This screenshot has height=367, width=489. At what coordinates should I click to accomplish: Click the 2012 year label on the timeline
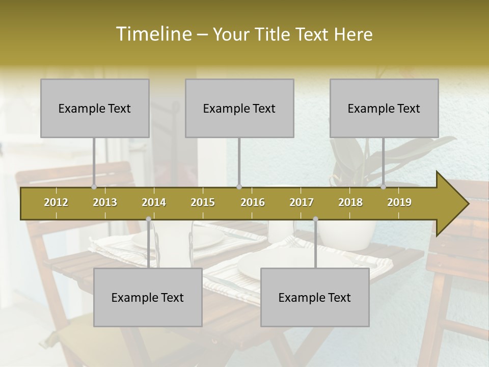pos(56,202)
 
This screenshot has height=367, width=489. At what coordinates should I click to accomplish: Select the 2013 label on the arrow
pos(105,202)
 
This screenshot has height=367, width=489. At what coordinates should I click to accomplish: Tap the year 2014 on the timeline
pos(154,202)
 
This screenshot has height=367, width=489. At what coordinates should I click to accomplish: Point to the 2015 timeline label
pos(203,202)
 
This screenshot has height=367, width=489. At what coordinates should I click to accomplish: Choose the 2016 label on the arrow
pos(253,202)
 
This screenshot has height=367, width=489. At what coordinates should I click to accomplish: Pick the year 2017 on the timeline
pos(302,202)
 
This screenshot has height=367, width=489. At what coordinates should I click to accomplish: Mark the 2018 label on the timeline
pos(350,202)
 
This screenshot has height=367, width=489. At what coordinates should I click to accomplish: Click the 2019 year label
pos(399,202)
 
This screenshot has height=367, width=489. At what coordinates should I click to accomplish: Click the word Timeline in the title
pos(152,34)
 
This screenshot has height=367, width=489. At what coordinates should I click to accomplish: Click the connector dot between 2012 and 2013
pos(94,187)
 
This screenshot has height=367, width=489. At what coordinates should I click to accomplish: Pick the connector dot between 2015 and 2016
pos(239,187)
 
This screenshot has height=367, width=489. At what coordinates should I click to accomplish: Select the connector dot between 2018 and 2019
pos(384,187)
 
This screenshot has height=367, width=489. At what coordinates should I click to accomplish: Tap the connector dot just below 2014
pos(148,219)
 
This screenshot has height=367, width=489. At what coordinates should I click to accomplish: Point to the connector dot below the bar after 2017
pos(315,219)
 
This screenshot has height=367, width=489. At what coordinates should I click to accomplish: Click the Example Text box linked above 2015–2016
pos(239,108)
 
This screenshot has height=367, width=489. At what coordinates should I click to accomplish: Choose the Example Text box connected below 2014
pos(148,297)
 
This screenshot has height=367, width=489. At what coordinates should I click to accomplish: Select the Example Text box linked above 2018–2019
pos(384,108)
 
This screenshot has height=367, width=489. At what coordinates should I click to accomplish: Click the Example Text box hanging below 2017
pos(315,297)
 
